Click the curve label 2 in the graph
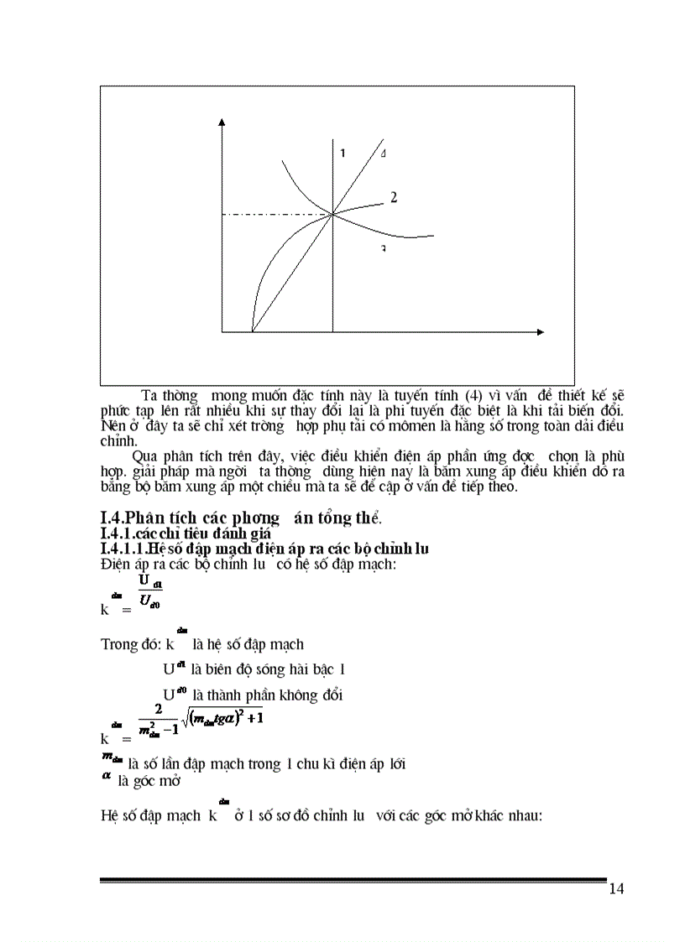393,198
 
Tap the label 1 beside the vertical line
342,154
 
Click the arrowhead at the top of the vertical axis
222,125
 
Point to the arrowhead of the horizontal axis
543,333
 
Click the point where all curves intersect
333,215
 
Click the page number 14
616,889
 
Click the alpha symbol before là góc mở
107,779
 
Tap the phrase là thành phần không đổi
267,695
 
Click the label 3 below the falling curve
382,249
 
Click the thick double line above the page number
353,880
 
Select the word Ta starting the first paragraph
151,395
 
